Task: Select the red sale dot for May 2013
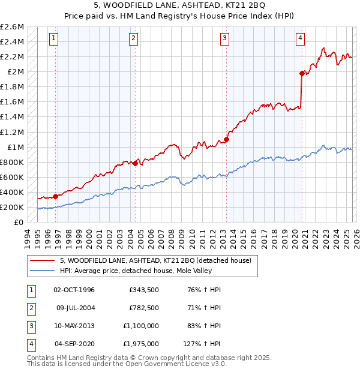coord(226,139)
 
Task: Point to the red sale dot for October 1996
coord(56,196)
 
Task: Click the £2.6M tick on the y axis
coord(12,27)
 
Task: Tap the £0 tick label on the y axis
coord(19,222)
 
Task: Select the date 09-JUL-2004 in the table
coord(75,308)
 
